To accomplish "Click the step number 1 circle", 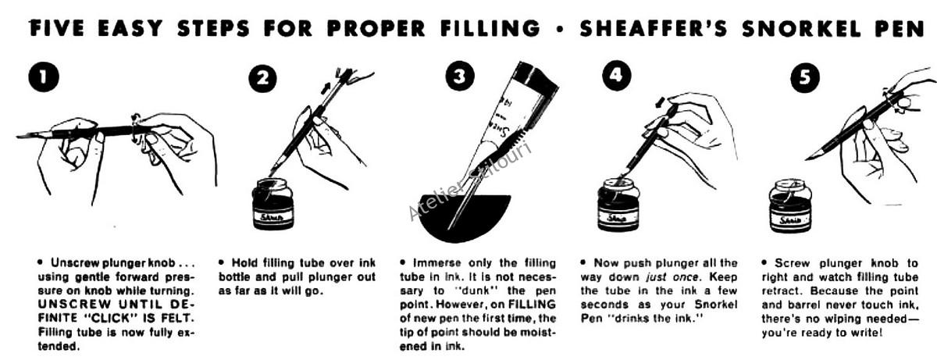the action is pyautogui.click(x=44, y=77).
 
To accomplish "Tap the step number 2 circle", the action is pyautogui.click(x=262, y=78).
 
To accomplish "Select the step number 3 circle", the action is pyautogui.click(x=459, y=76).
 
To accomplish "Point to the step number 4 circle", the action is pyautogui.click(x=616, y=75).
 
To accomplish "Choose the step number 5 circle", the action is pyautogui.click(x=805, y=78).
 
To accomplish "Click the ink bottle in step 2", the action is pyautogui.click(x=273, y=204).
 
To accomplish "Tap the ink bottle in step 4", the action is pyautogui.click(x=618, y=205).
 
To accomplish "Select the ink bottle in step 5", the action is pyautogui.click(x=790, y=206).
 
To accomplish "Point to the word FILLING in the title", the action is pyautogui.click(x=490, y=28).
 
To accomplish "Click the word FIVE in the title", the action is pyautogui.click(x=57, y=28).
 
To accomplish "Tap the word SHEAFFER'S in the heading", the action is pyautogui.click(x=654, y=28).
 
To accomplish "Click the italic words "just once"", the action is pyautogui.click(x=672, y=277).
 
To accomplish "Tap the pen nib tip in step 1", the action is pyautogui.click(x=18, y=137).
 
